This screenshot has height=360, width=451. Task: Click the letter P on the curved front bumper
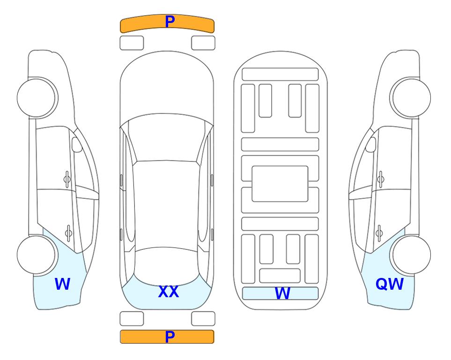click(170, 22)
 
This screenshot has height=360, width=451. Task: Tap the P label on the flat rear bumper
click(170, 337)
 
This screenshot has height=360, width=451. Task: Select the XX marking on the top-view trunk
click(169, 292)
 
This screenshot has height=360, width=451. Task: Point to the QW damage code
click(390, 284)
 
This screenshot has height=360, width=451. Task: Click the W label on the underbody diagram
click(282, 293)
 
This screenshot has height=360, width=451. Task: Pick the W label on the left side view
click(62, 284)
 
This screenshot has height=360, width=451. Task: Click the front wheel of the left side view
click(37, 98)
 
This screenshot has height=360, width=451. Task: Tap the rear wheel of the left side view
click(37, 255)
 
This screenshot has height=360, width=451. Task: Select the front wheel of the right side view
click(410, 98)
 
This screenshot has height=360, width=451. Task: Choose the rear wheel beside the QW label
click(410, 255)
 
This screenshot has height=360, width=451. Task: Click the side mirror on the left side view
click(77, 144)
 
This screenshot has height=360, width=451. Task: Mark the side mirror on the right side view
click(371, 144)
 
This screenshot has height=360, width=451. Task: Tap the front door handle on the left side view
click(67, 180)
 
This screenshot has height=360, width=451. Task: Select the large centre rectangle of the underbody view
click(280, 184)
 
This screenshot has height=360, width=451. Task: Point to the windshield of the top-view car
click(167, 138)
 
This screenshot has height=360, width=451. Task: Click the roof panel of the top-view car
click(166, 205)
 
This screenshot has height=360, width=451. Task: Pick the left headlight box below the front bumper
click(132, 43)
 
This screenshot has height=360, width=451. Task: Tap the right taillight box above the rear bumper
click(203, 319)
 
